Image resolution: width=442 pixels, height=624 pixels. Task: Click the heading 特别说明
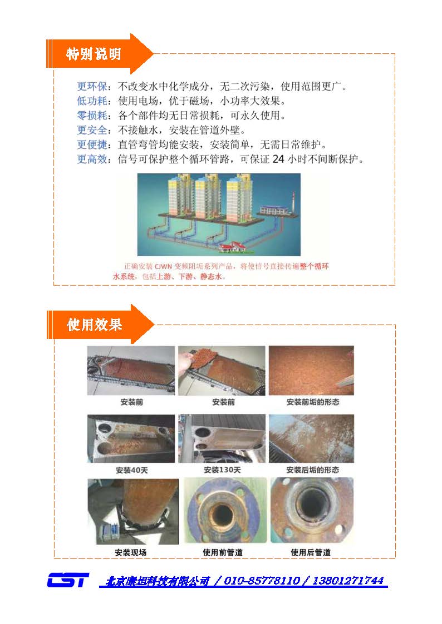(94, 54)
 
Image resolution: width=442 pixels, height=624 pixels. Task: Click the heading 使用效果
(94, 325)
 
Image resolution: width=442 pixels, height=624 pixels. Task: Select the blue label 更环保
(92, 86)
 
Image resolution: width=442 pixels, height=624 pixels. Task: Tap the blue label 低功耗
(92, 101)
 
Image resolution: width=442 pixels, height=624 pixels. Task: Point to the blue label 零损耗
(92, 116)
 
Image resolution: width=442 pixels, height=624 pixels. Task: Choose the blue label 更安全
(92, 130)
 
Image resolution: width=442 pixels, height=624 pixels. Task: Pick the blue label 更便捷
(92, 144)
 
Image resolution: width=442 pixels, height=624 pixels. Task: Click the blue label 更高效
(92, 159)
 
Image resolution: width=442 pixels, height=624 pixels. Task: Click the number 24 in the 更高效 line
(278, 159)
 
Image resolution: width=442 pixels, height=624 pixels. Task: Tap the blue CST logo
(68, 580)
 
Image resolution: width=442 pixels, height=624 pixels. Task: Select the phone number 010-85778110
(262, 581)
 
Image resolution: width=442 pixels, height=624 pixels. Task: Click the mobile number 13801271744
(348, 581)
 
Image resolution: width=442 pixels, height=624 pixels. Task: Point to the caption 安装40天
(131, 471)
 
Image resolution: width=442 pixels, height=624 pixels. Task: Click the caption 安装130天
(223, 470)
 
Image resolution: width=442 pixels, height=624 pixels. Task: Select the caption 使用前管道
(223, 552)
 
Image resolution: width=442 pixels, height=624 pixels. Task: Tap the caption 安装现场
(131, 552)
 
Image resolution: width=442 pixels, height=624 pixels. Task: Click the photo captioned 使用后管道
(312, 511)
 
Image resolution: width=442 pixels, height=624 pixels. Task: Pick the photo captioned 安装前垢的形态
(311, 371)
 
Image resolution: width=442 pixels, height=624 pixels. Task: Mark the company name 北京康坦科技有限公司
(158, 581)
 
